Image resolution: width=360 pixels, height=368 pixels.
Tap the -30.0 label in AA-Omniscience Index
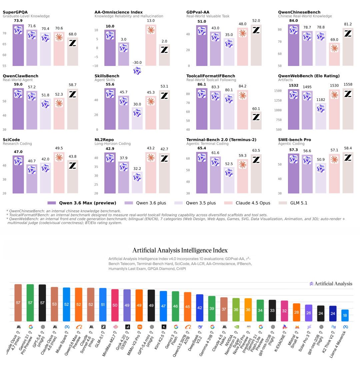137,63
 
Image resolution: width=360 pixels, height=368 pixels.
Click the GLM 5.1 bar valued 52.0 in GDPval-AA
256,45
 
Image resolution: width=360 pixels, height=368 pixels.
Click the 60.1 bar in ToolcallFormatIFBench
256,120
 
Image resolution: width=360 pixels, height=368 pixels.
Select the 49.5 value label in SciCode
59,148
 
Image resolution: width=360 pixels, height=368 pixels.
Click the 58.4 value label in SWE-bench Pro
348,148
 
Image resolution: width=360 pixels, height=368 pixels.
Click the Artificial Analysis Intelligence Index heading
180,250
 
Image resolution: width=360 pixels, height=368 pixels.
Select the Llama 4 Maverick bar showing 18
345,315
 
